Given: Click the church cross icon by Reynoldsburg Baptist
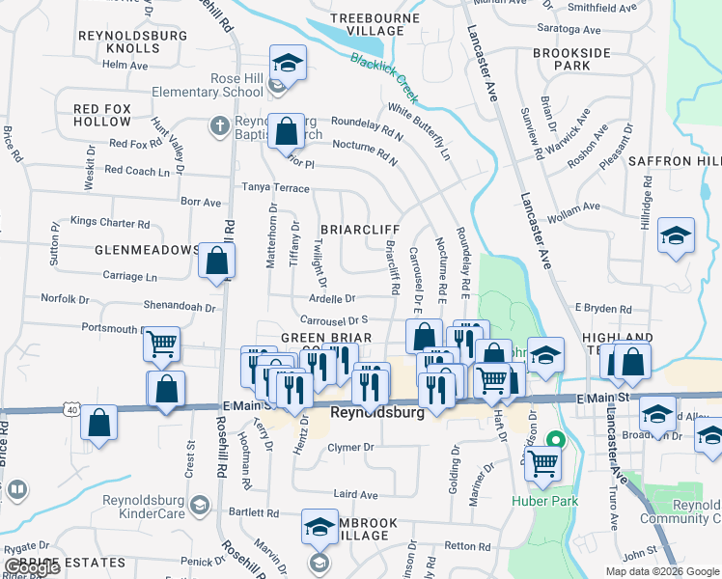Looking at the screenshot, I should click(219, 125).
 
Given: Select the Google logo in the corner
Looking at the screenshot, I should click(32, 567).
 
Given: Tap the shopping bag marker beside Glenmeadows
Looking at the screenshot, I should click(217, 261).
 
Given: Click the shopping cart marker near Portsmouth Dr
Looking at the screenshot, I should click(161, 343).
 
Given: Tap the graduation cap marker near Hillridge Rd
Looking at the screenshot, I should click(676, 235).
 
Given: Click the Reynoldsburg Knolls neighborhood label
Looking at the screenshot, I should click(119, 41).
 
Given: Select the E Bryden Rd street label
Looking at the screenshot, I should click(602, 309).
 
